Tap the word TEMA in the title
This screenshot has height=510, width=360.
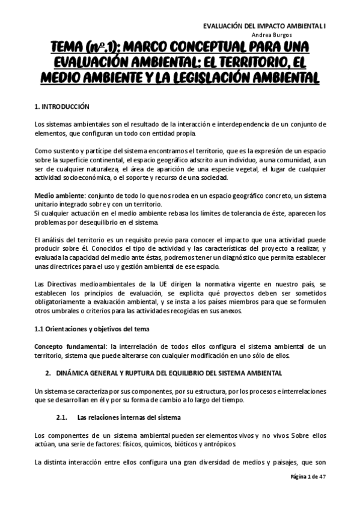click(x=67, y=48)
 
